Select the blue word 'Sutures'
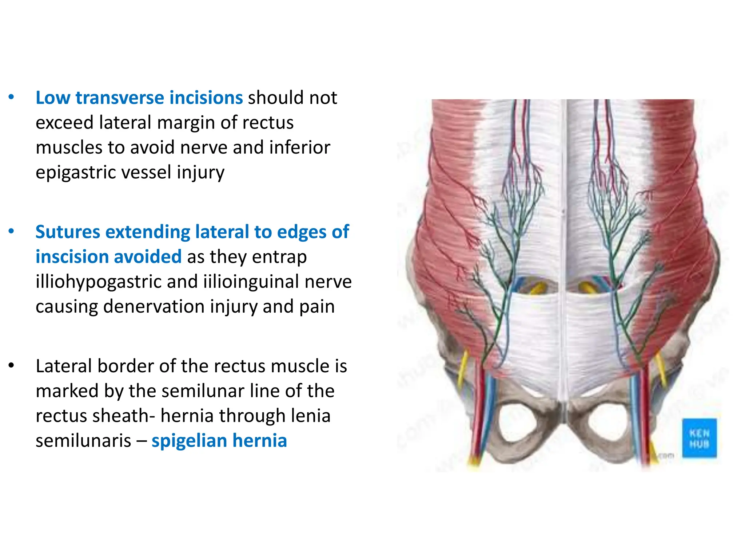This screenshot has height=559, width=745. tap(68, 232)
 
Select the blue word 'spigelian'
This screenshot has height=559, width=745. tap(189, 441)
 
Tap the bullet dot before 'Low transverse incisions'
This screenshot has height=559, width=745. tap(11, 97)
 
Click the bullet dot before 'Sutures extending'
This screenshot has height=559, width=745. tap(11, 231)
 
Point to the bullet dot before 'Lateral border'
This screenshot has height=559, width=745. tap(11, 366)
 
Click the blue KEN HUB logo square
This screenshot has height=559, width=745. tap(699, 438)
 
